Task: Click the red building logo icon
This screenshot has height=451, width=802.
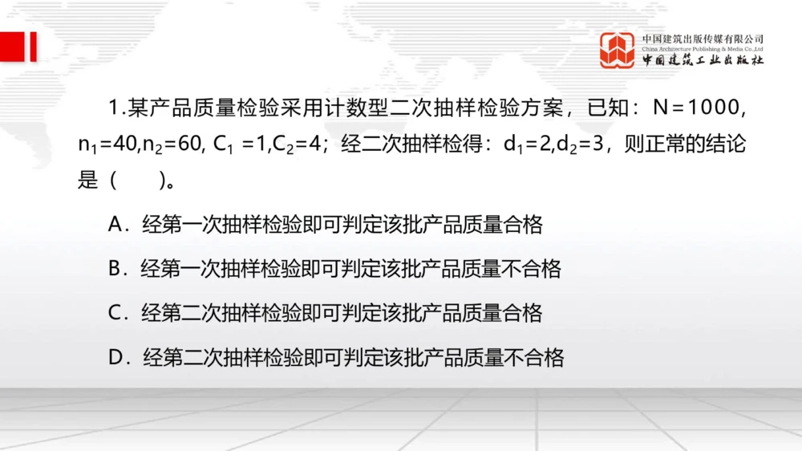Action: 617,50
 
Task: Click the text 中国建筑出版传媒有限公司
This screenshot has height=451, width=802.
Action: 702,39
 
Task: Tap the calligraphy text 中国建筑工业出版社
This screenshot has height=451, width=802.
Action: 702,61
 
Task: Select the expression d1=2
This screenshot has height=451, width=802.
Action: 529,145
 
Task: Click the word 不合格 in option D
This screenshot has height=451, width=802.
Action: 536,356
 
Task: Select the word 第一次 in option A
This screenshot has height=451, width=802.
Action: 191,225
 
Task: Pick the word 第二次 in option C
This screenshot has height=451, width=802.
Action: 191,312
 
